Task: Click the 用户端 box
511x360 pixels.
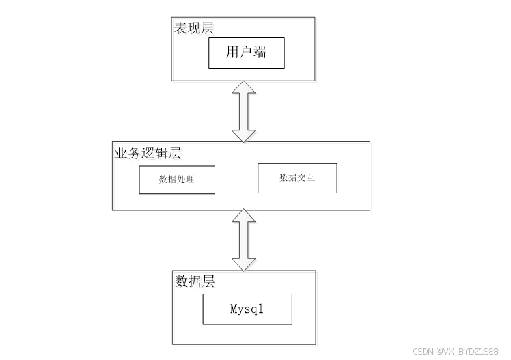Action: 247,53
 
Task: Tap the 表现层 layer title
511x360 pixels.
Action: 194,28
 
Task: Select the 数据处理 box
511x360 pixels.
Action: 177,180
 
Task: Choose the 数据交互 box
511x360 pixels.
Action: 297,178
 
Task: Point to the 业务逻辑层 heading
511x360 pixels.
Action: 148,153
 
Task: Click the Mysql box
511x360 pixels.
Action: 247,309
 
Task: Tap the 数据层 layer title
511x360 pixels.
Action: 195,281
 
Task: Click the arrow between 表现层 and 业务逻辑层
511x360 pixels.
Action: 243,111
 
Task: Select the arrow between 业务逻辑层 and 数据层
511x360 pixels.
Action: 243,240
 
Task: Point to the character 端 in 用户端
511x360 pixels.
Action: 260,52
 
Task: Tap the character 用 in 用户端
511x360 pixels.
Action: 233,52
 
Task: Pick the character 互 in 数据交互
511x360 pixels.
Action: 310,177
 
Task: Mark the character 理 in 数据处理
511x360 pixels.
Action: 190,179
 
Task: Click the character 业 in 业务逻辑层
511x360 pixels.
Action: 121,153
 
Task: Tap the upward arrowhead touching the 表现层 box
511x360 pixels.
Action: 243,87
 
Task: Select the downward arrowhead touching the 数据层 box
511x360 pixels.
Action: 243,264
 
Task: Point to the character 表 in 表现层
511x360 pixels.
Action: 180,28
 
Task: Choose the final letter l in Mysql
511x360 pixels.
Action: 260,308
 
